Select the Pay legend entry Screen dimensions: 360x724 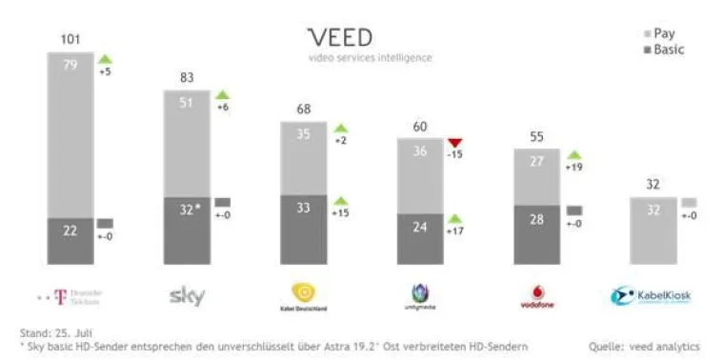(656, 33)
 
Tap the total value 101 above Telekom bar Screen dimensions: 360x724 (70, 40)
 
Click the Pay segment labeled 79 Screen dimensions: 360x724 (70, 133)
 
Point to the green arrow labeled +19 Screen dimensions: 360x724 (573, 155)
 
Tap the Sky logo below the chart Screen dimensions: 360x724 (187, 296)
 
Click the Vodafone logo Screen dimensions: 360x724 (536, 295)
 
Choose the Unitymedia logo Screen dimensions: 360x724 (419, 295)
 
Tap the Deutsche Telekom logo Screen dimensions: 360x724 (70, 296)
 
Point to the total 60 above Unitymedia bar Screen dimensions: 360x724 (420, 127)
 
